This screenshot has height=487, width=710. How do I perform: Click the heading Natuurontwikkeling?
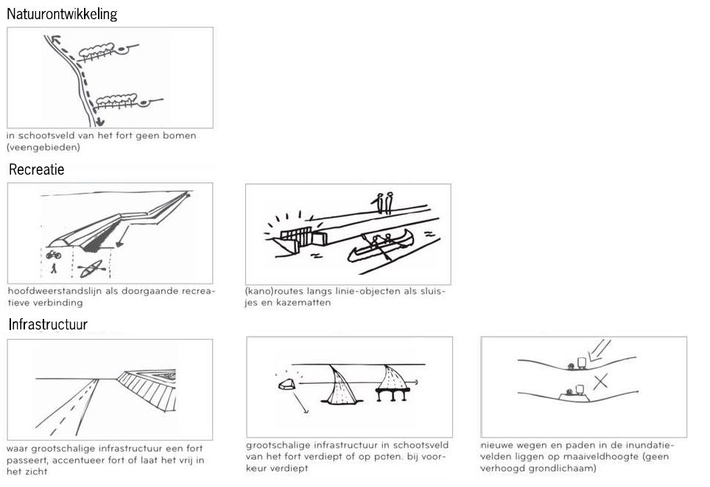62,15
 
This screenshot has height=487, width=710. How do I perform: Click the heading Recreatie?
37,169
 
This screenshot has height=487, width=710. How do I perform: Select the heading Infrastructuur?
48,324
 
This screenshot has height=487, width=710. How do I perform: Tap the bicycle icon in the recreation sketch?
54,255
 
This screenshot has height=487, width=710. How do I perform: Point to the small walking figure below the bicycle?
54,268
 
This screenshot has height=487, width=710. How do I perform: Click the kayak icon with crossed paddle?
92,269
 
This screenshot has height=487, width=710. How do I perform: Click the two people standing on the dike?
384,203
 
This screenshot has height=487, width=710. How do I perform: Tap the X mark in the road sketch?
600,382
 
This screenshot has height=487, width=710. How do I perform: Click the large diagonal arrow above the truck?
600,351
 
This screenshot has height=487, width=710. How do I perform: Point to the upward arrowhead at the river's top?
55,40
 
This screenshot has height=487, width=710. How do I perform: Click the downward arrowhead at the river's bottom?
100,122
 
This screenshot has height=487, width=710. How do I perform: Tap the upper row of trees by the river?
98,51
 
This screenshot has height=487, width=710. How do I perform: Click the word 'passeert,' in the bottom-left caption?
27,460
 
